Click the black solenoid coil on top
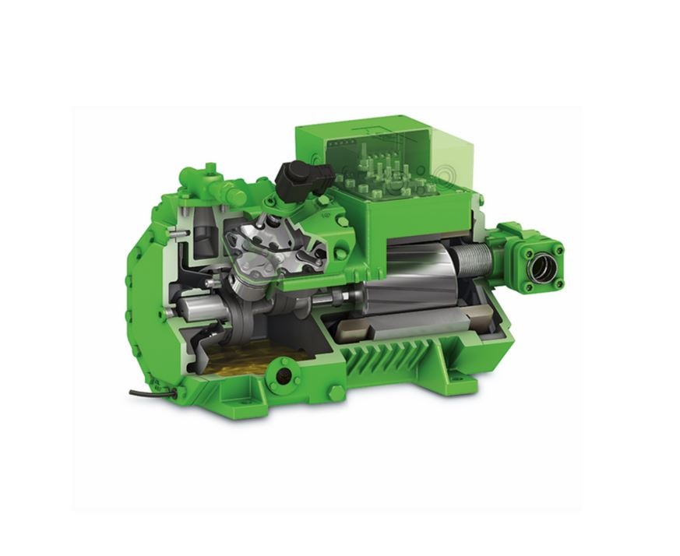296,178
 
